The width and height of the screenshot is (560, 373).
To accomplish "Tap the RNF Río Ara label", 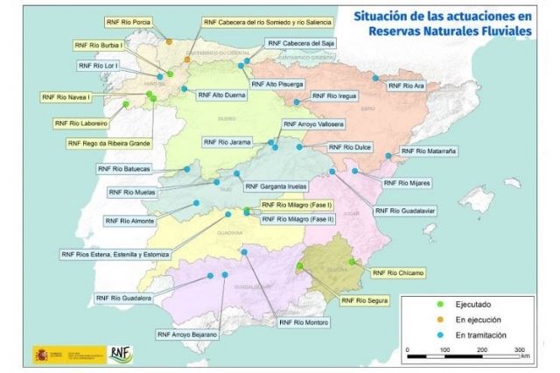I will [406, 86].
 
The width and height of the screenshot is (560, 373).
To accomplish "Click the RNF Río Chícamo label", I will [397, 272].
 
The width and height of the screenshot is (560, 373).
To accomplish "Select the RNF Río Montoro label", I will [304, 322].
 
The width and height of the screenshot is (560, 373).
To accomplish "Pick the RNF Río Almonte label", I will [129, 221].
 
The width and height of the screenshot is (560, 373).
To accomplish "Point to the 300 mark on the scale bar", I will [518, 348].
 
